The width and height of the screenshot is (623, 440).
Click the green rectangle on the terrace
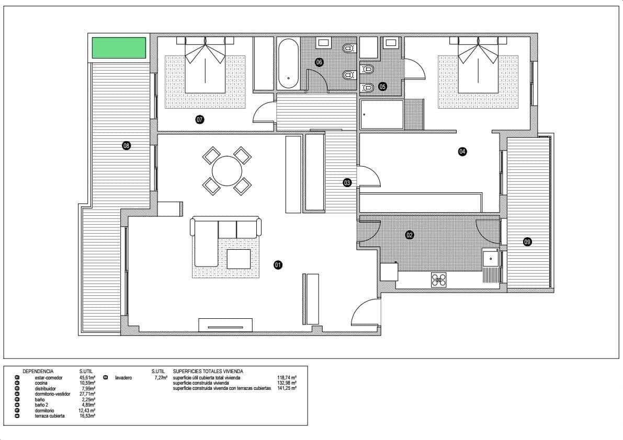coord(119,48)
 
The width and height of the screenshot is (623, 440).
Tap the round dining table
coord(227,171)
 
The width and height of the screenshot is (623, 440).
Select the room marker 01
coord(278,265)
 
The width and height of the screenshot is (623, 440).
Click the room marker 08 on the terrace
coord(126,146)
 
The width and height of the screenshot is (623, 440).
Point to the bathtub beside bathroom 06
coord(288,64)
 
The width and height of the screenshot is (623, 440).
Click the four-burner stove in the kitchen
coord(439,280)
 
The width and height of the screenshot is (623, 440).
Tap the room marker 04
coord(462,152)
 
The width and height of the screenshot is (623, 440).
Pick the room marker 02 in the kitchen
coord(410,235)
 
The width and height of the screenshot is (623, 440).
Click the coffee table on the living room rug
coord(239,258)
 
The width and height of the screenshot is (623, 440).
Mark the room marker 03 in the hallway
coord(347,182)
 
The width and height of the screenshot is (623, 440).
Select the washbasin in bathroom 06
coord(323,42)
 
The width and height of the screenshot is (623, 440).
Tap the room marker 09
coord(527,241)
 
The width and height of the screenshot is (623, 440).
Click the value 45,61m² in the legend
coord(87,377)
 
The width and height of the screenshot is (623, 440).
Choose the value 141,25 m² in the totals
coord(287,389)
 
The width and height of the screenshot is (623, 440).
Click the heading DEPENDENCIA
coord(38,371)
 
